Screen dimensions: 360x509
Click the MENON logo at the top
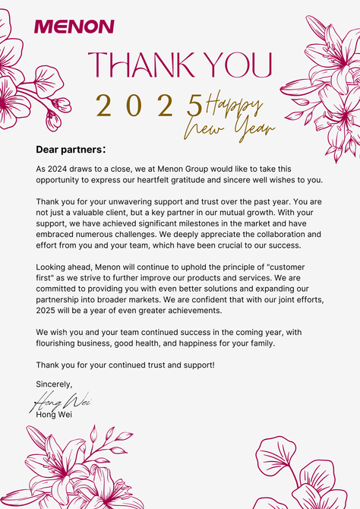(74, 27)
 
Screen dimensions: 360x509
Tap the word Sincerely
(54, 384)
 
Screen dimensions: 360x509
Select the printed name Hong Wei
(54, 414)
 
